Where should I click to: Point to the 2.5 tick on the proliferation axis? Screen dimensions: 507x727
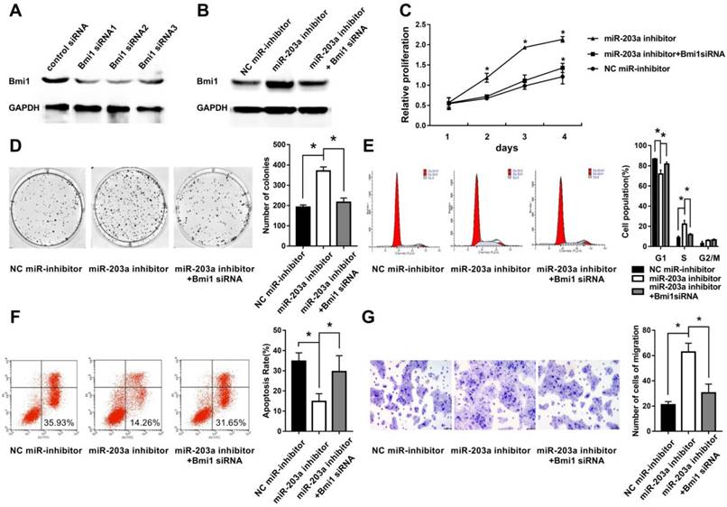click(416, 19)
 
